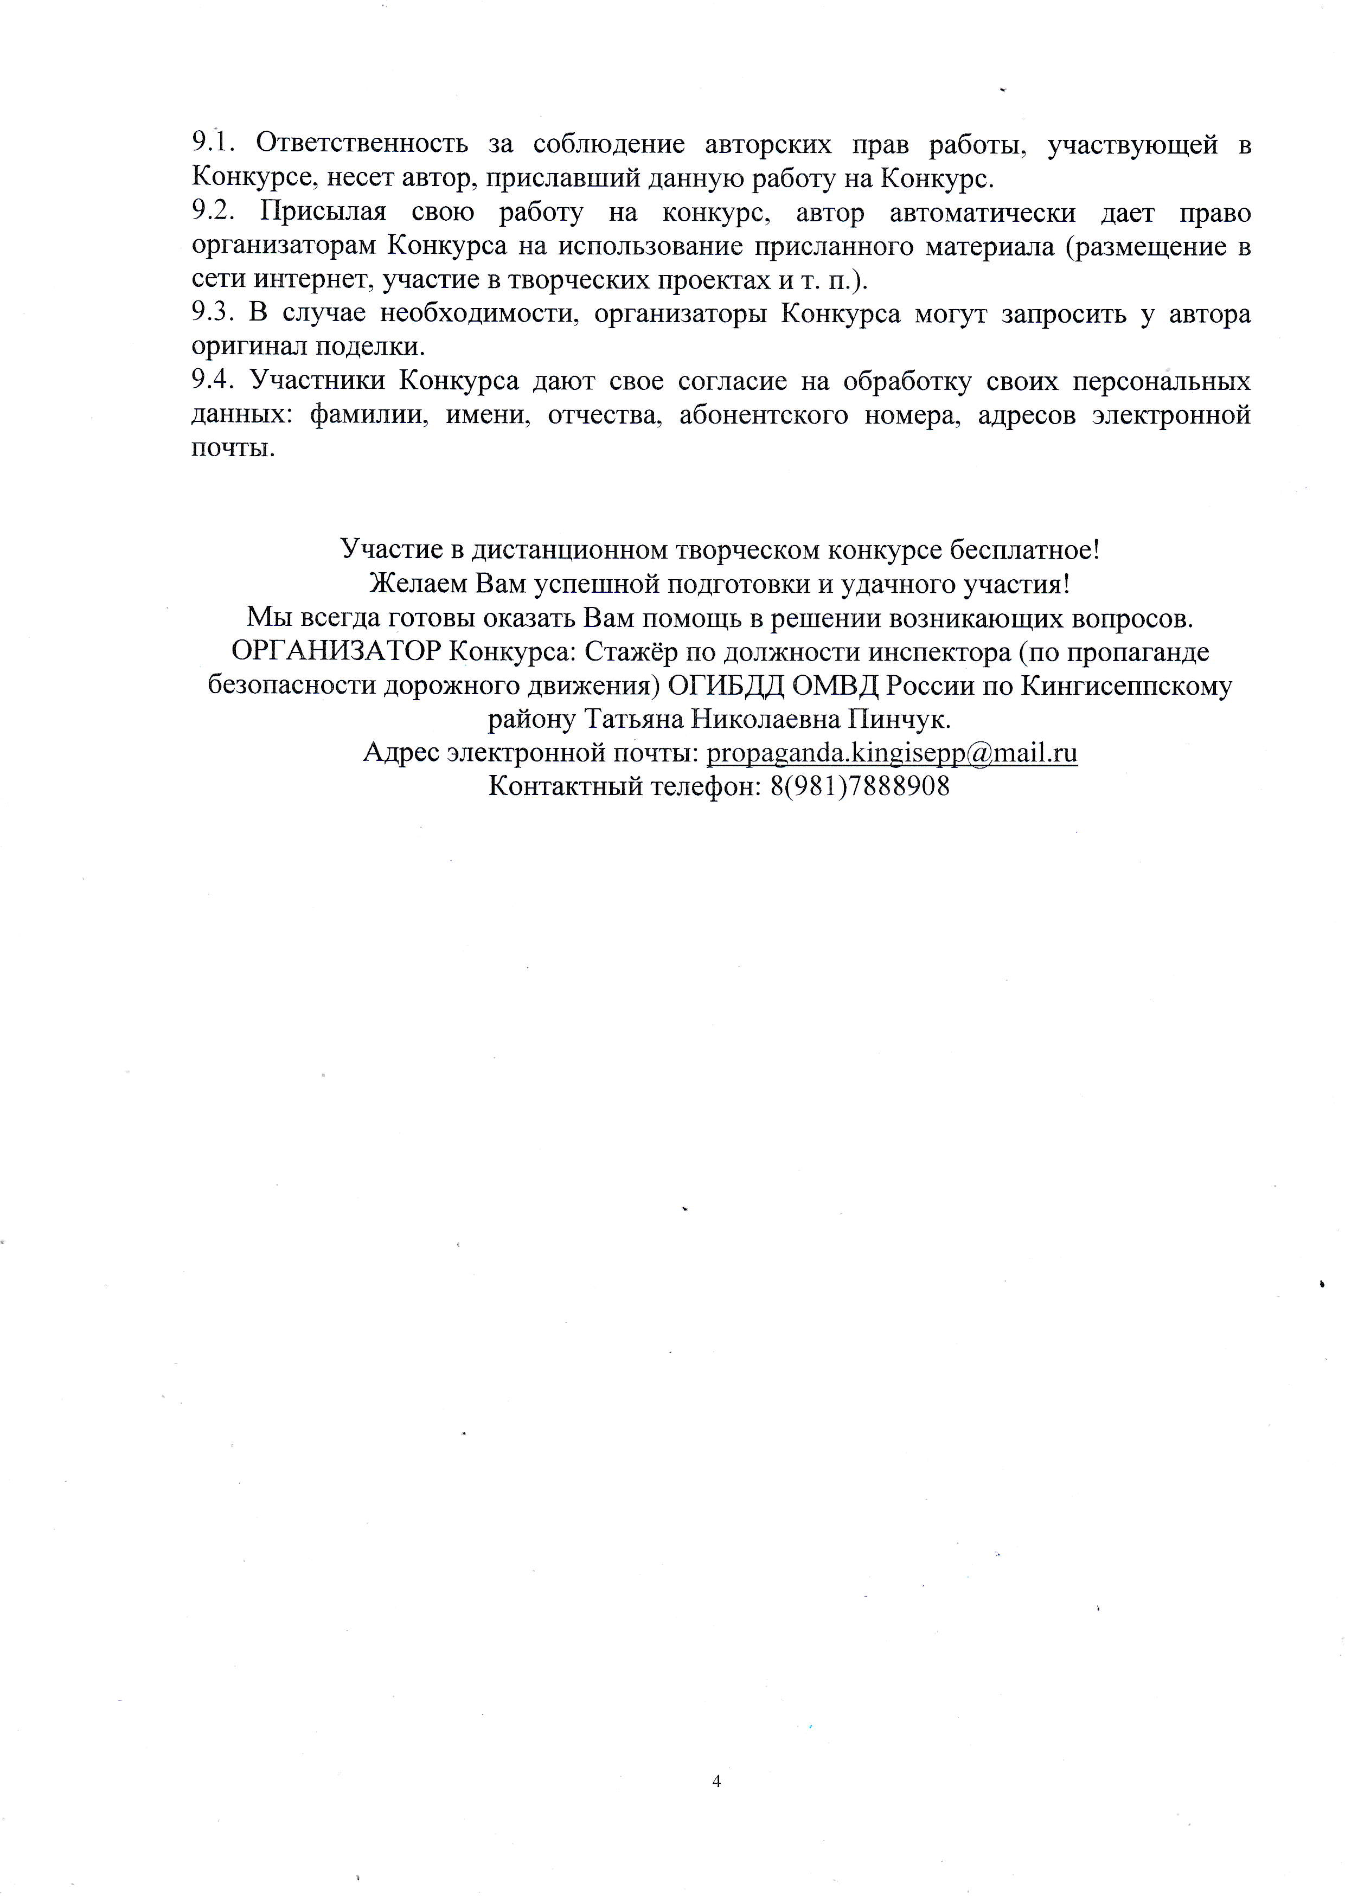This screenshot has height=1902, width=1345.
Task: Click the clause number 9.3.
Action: tap(215, 314)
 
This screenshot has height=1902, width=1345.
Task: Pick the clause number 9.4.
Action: tap(215, 381)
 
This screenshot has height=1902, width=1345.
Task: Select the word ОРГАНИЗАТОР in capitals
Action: tap(335, 652)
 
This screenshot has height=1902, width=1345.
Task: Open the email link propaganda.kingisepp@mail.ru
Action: tap(892, 753)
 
